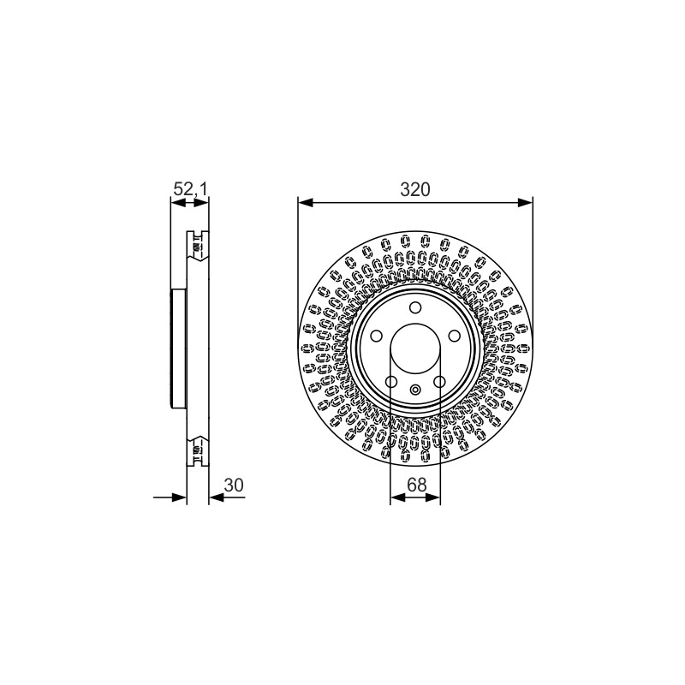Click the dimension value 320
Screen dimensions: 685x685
point(415,189)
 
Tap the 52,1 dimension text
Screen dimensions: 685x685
point(190,189)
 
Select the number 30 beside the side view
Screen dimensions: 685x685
point(234,485)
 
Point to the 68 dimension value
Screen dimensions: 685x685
point(416,485)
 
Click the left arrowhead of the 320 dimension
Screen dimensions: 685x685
point(306,202)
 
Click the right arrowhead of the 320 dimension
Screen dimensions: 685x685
point(525,202)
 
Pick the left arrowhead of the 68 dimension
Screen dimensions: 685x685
point(398,497)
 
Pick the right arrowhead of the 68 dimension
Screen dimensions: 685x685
point(432,497)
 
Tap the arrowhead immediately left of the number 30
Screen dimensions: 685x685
point(217,497)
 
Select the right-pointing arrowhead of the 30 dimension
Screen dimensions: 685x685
point(179,497)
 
